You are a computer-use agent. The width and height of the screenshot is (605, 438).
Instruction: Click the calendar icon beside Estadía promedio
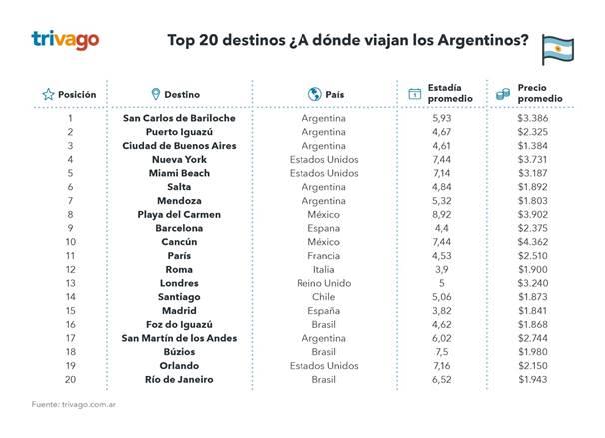(x=415, y=94)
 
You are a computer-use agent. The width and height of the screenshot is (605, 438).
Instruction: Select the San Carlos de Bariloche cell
(x=179, y=119)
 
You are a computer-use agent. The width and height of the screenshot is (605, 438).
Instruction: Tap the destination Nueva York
(x=179, y=160)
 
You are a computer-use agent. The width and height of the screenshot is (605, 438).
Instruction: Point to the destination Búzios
(x=179, y=351)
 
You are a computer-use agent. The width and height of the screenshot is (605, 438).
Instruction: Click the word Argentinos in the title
(x=484, y=41)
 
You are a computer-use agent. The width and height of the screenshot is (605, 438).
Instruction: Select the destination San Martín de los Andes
(x=179, y=337)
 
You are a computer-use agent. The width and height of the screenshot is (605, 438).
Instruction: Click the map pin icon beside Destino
(x=155, y=94)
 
